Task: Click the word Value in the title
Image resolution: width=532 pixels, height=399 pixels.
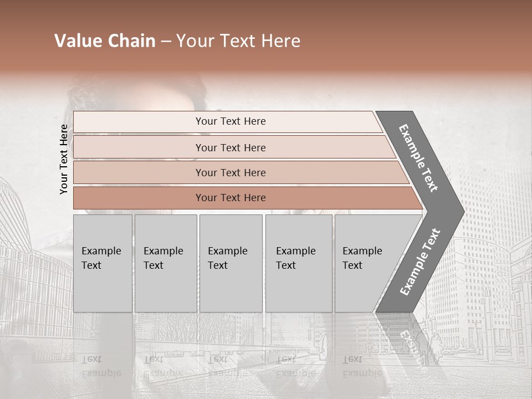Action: pyautogui.click(x=76, y=41)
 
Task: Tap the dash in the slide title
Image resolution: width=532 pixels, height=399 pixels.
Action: pyautogui.click(x=166, y=42)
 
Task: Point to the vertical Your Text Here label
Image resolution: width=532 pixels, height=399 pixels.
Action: pyautogui.click(x=64, y=160)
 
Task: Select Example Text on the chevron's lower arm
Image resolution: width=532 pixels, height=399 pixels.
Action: pyautogui.click(x=420, y=262)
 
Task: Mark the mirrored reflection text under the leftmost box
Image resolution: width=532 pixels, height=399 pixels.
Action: pyautogui.click(x=101, y=366)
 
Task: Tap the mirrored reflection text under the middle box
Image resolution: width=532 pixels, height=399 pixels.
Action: pyautogui.click(x=228, y=366)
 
